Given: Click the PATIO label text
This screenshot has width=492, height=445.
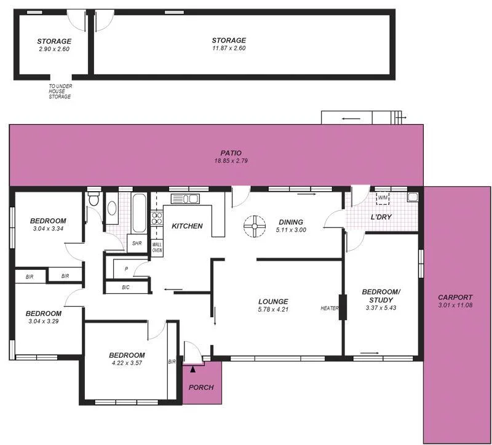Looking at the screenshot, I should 231,153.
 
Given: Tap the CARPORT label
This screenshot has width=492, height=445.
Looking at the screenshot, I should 455,297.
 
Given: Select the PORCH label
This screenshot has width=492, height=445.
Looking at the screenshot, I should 201,387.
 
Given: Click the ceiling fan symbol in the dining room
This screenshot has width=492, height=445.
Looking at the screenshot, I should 253,226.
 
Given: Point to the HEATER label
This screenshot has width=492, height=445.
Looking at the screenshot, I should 329,308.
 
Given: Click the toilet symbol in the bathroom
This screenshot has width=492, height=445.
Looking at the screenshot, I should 93,199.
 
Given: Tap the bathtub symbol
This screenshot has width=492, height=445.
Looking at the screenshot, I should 139,213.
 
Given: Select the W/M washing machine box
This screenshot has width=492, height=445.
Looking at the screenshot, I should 383,198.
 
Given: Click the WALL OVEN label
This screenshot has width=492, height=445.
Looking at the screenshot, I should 157,247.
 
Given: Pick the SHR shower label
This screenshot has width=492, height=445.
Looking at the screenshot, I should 137,243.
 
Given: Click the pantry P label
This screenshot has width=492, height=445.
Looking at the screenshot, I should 126,269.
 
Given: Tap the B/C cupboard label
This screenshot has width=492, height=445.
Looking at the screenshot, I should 125,287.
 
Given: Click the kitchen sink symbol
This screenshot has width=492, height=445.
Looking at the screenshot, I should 185,199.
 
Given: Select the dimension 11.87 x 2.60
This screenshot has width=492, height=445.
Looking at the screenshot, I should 229,49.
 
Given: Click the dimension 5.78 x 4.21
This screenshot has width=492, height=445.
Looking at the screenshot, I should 273,309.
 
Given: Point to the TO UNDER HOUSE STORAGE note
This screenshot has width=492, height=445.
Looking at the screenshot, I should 60,92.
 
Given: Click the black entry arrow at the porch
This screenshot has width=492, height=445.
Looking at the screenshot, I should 193,369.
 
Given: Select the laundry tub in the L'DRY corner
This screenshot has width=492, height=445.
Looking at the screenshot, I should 413,197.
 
